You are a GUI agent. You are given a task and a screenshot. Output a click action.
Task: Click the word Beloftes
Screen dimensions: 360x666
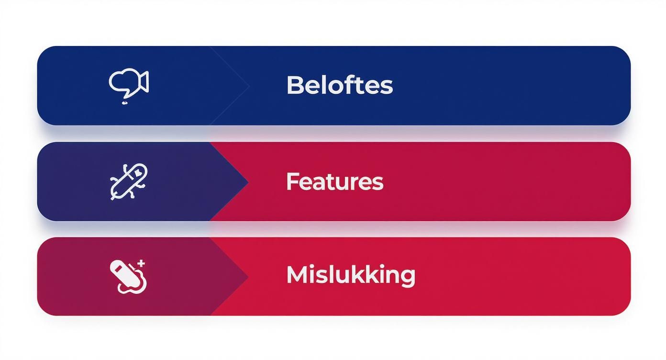(339, 85)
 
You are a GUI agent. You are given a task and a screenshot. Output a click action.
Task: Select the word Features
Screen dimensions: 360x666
(334, 182)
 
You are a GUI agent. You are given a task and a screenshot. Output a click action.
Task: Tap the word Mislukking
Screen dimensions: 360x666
(350, 275)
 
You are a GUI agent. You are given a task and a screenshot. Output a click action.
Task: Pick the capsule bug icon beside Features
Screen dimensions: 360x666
(129, 181)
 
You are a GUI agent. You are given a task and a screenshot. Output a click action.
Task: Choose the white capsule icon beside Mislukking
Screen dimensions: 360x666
(128, 276)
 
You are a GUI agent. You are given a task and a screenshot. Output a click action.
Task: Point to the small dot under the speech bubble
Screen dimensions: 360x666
(125, 102)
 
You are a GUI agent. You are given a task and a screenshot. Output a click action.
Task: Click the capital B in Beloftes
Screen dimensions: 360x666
(294, 85)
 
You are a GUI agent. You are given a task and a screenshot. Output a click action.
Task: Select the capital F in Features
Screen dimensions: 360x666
(291, 182)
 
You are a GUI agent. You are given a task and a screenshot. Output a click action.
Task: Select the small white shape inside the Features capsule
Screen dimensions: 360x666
(138, 170)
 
